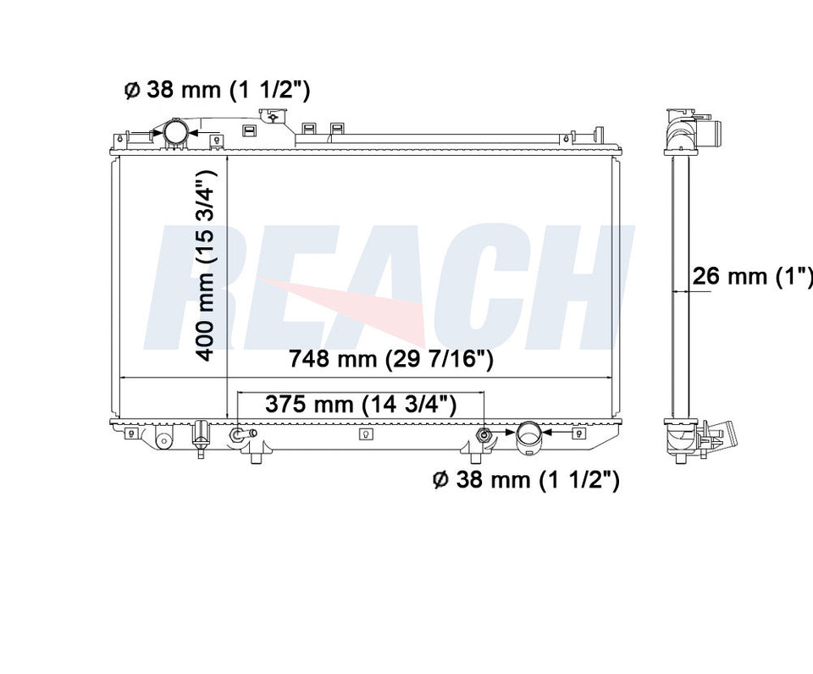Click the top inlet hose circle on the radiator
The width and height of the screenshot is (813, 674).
pos(175,132)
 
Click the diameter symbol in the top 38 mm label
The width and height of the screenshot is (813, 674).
pos(132,91)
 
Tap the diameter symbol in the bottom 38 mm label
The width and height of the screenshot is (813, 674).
pos(440,480)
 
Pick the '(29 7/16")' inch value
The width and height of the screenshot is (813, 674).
pos(440,359)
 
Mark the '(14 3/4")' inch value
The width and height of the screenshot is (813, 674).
pos(409,404)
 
